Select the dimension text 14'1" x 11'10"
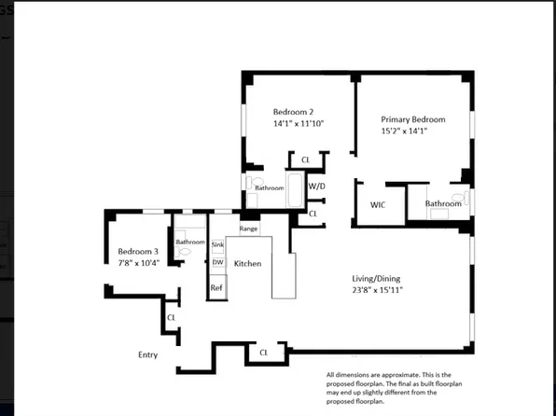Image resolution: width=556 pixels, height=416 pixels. [299, 123]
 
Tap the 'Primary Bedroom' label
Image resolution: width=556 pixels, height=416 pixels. [412, 119]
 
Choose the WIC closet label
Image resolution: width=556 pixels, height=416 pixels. [378, 203]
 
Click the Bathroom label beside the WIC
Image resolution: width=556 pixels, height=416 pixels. [443, 203]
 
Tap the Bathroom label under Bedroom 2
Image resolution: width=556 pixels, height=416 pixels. [270, 188]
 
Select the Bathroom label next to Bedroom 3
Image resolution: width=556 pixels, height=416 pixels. [190, 242]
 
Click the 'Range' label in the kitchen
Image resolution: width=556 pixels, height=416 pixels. [248, 229]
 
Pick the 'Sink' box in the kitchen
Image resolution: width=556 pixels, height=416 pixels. [217, 245]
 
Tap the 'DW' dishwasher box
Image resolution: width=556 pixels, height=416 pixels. [217, 262]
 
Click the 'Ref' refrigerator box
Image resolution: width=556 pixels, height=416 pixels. [216, 288]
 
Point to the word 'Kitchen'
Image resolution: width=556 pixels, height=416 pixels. [247, 264]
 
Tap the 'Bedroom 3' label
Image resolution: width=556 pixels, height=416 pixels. [138, 252]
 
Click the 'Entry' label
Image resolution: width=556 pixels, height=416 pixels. [147, 354]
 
